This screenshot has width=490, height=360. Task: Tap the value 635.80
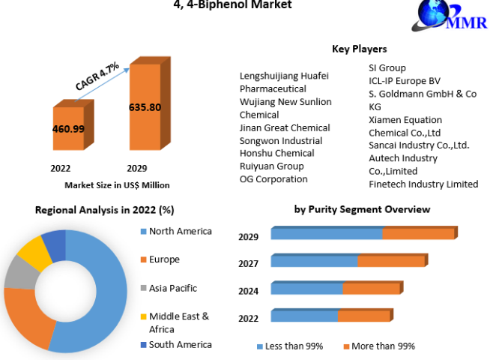(145, 107)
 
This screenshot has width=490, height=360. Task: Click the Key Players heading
(359, 49)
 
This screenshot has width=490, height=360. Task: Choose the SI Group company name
(387, 68)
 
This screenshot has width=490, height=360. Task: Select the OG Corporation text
(273, 179)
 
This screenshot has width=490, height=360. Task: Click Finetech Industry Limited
(423, 184)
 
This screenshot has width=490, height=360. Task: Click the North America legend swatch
(142, 232)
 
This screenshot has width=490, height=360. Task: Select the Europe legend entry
(164, 259)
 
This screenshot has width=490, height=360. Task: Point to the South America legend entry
(180, 345)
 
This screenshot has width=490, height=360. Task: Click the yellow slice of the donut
(32, 253)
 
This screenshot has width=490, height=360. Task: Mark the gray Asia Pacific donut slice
(18, 275)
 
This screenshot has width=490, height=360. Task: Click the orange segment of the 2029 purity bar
(418, 233)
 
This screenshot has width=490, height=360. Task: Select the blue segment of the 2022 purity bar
(304, 315)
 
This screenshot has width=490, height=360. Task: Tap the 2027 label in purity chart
(249, 264)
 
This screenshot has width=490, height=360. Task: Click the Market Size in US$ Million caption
(117, 184)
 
